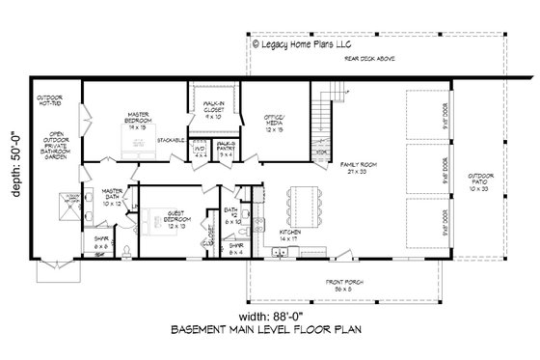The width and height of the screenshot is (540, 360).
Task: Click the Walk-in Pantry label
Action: [228, 150]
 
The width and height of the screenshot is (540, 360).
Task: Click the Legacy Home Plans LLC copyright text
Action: [310, 42]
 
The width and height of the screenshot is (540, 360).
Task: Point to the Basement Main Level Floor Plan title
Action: [270, 332]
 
